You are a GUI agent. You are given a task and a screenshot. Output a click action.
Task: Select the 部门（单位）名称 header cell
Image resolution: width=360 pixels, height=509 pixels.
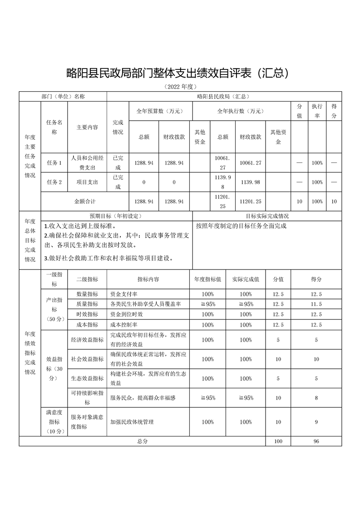tap(63, 97)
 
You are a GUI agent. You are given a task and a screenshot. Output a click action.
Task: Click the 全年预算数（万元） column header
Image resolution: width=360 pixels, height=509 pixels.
tap(160, 111)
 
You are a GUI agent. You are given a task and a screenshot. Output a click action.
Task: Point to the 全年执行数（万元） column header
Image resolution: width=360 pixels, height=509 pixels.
tap(241, 111)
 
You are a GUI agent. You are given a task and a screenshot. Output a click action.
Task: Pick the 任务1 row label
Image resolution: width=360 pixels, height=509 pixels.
tap(54, 162)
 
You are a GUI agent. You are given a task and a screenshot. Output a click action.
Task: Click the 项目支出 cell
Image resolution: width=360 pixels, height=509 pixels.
tap(87, 182)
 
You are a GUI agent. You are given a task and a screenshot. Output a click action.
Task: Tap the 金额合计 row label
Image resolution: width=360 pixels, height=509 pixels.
tap(85, 201)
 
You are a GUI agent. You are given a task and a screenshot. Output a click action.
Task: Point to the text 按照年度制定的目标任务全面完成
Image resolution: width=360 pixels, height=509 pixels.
tap(241, 225)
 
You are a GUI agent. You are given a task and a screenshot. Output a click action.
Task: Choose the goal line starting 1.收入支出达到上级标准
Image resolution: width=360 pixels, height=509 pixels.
tap(80, 225)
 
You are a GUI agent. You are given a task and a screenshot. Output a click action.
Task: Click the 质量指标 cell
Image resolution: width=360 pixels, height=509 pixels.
tap(87, 304)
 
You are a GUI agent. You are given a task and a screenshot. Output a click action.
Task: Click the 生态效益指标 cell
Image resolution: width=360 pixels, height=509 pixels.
tap(87, 378)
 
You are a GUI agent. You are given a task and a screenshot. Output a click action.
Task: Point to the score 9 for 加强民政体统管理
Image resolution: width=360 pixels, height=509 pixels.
tap(316, 422)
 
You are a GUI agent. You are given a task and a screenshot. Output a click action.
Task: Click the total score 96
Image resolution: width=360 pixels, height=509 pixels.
tap(316, 441)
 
